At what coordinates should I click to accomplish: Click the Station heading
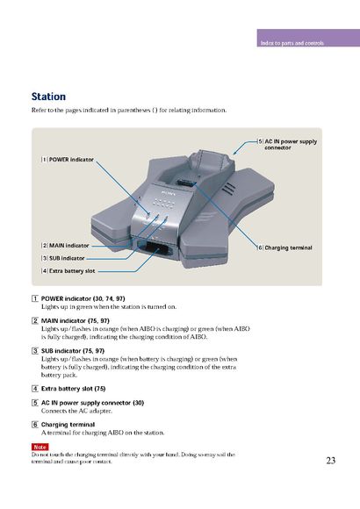click(48, 97)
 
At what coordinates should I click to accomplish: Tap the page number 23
click(331, 461)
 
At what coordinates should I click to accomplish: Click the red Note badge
click(40, 447)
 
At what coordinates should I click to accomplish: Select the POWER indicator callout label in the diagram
click(68, 160)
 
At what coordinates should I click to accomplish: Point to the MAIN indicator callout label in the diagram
click(65, 246)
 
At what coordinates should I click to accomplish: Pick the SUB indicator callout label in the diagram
click(63, 258)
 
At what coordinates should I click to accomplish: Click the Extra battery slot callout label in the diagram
click(68, 270)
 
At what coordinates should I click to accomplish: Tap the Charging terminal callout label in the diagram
click(284, 247)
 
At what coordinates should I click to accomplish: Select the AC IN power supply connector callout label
click(287, 145)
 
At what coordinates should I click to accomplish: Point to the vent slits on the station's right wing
click(229, 189)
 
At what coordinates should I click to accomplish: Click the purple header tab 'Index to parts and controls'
click(308, 38)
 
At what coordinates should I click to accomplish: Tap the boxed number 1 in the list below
click(35, 298)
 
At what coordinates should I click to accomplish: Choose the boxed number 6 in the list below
click(35, 425)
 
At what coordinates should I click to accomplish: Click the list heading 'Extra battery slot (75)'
click(74, 389)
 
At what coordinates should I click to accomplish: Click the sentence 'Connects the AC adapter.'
click(76, 411)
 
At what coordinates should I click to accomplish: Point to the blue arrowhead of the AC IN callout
click(234, 153)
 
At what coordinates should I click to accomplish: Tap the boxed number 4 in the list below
click(35, 389)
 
